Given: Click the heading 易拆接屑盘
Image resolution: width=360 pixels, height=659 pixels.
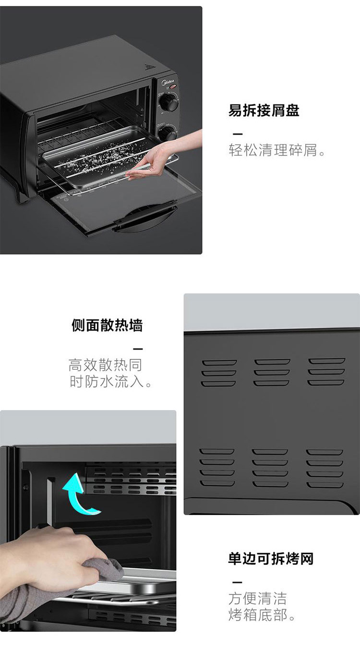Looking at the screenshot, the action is [x=264, y=110].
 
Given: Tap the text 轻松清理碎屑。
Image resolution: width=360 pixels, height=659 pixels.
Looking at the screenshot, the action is [x=277, y=150].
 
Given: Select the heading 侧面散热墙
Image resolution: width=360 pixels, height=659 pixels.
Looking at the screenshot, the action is [x=107, y=325].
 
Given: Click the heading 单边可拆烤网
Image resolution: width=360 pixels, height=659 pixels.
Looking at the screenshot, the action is [x=271, y=559].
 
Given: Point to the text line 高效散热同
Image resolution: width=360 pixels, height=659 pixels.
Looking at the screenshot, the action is [x=105, y=365].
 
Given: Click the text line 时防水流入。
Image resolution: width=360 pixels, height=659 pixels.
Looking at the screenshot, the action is [x=110, y=381].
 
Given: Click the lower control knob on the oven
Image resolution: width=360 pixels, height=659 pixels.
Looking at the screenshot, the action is [x=168, y=133].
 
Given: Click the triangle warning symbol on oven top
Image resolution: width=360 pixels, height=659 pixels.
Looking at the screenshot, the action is [x=149, y=68].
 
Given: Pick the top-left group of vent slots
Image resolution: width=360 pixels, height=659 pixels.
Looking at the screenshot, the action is [x=219, y=373].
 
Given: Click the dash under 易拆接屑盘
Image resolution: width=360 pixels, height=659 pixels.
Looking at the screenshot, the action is [x=238, y=134].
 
